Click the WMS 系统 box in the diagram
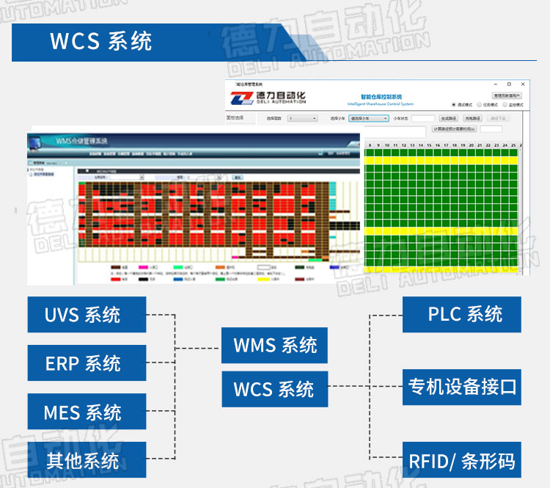coord(274,345)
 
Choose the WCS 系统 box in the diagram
coord(274,388)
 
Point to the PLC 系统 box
coord(461,314)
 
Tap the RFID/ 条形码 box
coord(461,461)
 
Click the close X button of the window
coord(522,85)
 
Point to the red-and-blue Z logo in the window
coord(241,98)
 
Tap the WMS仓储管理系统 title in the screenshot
coord(81,140)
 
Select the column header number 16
coord(437,145)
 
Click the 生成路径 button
coord(448,118)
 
